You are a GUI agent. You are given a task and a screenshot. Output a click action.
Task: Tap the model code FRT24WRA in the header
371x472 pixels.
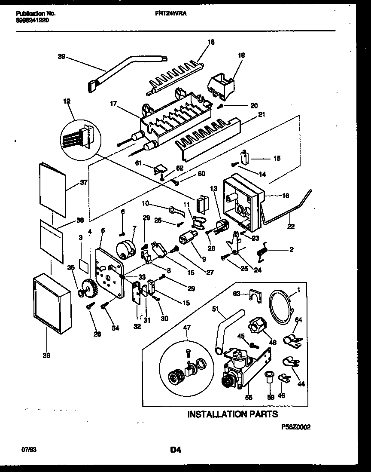tap(170, 13)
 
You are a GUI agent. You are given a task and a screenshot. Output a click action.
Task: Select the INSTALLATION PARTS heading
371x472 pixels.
tap(232, 414)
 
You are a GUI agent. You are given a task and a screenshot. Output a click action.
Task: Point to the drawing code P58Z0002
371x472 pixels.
tap(295, 427)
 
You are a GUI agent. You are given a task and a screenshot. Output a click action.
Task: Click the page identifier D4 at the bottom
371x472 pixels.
tap(175, 450)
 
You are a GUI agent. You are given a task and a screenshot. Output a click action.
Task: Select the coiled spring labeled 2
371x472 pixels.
tap(262, 251)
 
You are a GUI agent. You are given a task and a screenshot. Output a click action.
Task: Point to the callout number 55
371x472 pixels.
tap(248, 398)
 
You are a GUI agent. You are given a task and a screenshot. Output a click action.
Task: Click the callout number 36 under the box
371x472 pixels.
tap(46, 355)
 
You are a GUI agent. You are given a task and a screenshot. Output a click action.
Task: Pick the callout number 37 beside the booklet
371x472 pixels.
tap(83, 182)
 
